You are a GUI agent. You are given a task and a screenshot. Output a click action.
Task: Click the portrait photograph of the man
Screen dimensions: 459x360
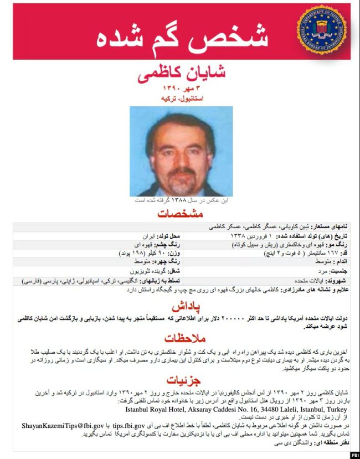point(181,151)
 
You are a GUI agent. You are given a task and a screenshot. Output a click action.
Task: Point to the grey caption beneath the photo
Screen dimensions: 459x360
point(181,200)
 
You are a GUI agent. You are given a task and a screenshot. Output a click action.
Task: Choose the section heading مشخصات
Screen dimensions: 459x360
point(180,214)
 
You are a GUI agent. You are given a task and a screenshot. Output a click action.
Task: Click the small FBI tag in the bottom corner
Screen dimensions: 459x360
point(352,454)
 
